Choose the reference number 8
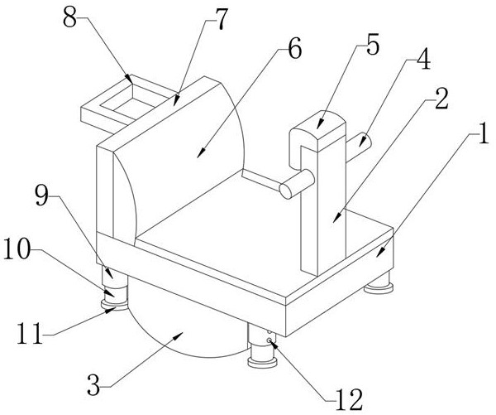tap(73, 16)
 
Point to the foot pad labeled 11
tap(113, 306)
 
